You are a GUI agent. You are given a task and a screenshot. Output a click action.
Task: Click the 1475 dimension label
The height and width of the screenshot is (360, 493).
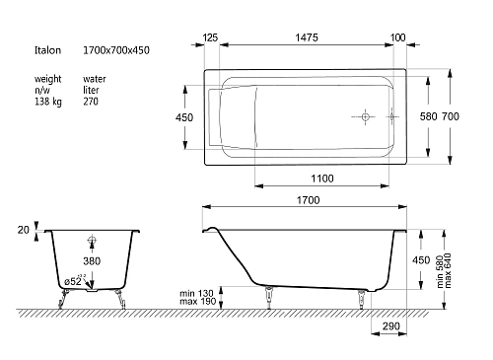pos(307,37)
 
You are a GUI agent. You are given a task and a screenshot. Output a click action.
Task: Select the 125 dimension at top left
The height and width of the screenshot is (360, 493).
pos(210,37)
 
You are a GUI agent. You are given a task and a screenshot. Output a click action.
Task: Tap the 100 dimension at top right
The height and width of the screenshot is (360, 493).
pos(397,37)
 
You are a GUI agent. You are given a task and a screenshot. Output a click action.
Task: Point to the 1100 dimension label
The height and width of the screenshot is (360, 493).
pos(322,179)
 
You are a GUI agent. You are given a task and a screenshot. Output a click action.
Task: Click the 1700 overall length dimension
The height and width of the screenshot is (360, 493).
pos(308,200)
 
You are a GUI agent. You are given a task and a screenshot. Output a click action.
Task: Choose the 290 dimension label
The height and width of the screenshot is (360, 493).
pos(390,326)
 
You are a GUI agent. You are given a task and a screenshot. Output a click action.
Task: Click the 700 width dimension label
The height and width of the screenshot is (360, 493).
pos(450,116)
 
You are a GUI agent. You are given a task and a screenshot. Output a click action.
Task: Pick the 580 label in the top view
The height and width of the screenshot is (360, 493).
pos(428,116)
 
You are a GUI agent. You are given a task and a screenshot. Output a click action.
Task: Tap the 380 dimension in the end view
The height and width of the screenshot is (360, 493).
pos(92,261)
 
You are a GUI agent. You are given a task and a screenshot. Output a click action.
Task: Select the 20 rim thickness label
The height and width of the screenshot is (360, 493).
pos(24,230)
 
